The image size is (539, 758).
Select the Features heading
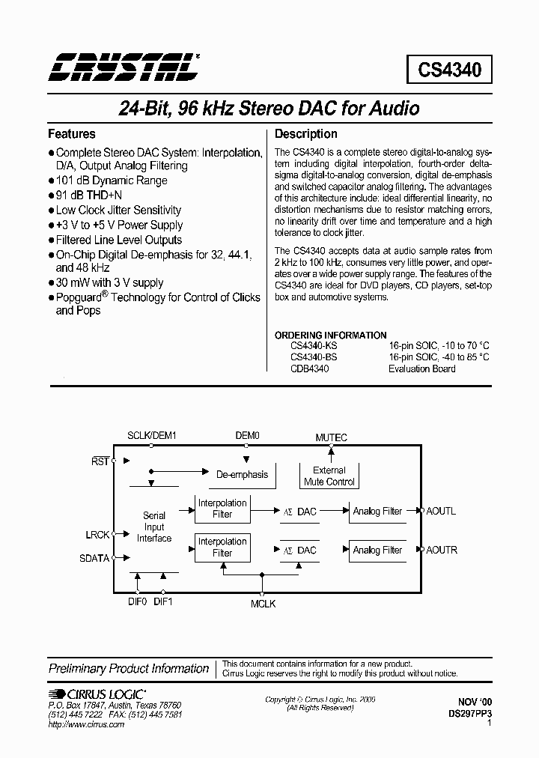click(x=72, y=134)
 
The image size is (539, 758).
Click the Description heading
click(x=306, y=134)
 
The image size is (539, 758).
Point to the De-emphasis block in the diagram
click(x=242, y=475)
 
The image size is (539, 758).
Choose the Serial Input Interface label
click(x=154, y=527)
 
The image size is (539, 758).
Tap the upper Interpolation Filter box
click(x=222, y=509)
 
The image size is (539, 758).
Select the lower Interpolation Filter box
click(x=222, y=548)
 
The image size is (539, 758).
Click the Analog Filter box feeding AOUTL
click(x=377, y=512)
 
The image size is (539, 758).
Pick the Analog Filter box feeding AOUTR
click(x=377, y=551)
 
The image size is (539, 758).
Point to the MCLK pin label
click(x=263, y=603)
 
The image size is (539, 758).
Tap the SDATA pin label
click(x=94, y=558)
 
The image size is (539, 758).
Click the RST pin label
click(x=100, y=461)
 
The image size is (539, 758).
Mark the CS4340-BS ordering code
click(x=314, y=357)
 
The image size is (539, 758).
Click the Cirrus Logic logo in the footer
click(x=97, y=694)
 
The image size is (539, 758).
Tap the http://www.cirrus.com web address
click(x=86, y=725)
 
